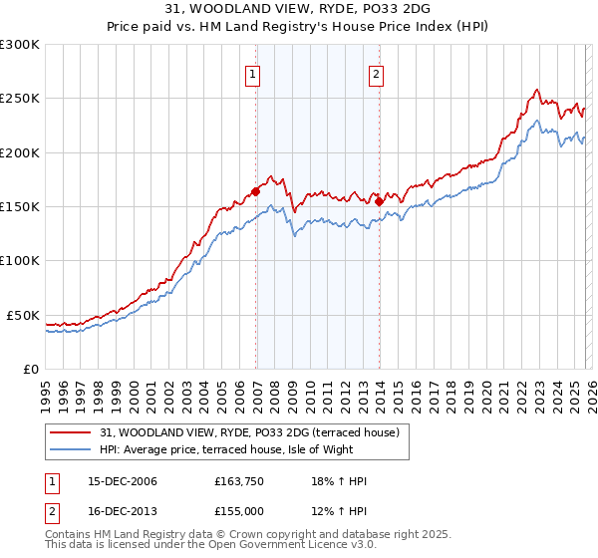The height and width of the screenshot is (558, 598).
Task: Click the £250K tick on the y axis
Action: point(19,99)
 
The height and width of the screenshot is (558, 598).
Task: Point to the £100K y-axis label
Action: point(19,260)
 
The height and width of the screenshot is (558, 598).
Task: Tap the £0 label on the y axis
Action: point(30,369)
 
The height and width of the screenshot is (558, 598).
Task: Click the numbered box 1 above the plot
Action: point(252,73)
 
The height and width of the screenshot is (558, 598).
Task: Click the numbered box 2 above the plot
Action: point(376,73)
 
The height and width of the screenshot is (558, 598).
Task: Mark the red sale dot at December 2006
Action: point(256,191)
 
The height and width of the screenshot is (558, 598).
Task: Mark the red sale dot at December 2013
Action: point(380,201)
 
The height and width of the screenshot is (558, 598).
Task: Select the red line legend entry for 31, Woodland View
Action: point(249,432)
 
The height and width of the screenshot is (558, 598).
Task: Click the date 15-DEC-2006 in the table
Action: point(123,482)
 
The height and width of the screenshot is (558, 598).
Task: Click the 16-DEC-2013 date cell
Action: point(123,512)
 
